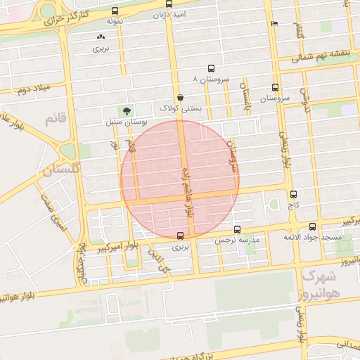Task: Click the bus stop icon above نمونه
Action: click(115, 11)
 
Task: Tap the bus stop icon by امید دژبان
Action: click(147, 5)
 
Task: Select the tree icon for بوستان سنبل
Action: click(127, 110)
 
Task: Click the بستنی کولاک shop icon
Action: click(181, 97)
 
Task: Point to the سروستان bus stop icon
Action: click(274, 89)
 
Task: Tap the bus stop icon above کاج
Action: click(293, 194)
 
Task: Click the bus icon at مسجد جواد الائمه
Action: click(312, 226)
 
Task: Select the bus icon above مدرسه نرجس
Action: click(237, 229)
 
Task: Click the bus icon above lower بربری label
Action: click(181, 236)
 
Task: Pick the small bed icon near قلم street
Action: click(274, 23)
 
